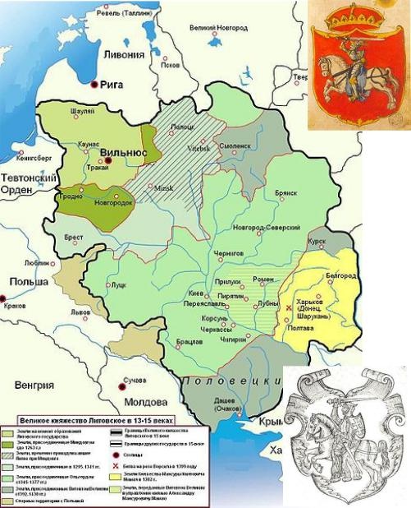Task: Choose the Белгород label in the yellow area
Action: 334,276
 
